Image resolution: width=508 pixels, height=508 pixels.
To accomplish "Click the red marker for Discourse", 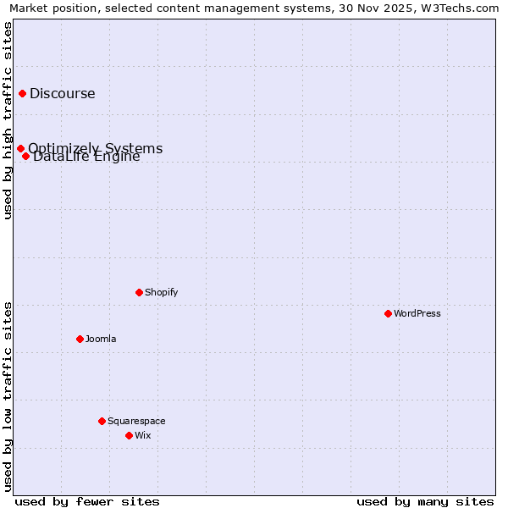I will (x=22, y=93).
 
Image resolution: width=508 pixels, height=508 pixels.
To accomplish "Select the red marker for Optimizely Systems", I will (x=20, y=149).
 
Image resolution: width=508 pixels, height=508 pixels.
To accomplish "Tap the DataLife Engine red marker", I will (x=26, y=156).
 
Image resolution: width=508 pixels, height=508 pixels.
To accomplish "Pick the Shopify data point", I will (x=139, y=292).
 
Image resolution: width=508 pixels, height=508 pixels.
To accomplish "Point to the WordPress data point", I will (x=388, y=313).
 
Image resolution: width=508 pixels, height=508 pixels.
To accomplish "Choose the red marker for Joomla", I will (x=80, y=339).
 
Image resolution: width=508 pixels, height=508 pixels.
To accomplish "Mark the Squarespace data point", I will (x=102, y=421).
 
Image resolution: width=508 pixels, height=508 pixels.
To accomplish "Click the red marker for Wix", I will (x=129, y=435).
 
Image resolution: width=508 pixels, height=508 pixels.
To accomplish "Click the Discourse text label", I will (x=63, y=94).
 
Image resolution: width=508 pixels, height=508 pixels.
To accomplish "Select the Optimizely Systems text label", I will (x=96, y=148).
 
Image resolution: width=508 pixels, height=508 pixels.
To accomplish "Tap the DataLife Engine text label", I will (x=87, y=157).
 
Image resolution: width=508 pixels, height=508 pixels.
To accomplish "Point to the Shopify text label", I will (x=162, y=292).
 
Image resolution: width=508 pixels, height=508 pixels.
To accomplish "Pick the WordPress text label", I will (x=417, y=313).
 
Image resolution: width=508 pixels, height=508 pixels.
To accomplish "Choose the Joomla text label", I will (x=102, y=339).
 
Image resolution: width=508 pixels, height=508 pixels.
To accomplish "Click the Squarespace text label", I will (x=137, y=421).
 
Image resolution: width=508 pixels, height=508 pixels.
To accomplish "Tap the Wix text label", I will (x=143, y=435).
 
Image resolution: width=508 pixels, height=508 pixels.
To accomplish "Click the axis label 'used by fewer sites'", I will (x=87, y=501).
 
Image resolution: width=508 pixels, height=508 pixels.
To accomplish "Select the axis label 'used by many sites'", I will (x=425, y=501).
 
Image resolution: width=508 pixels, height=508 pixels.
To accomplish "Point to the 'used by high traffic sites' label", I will (x=8, y=120).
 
